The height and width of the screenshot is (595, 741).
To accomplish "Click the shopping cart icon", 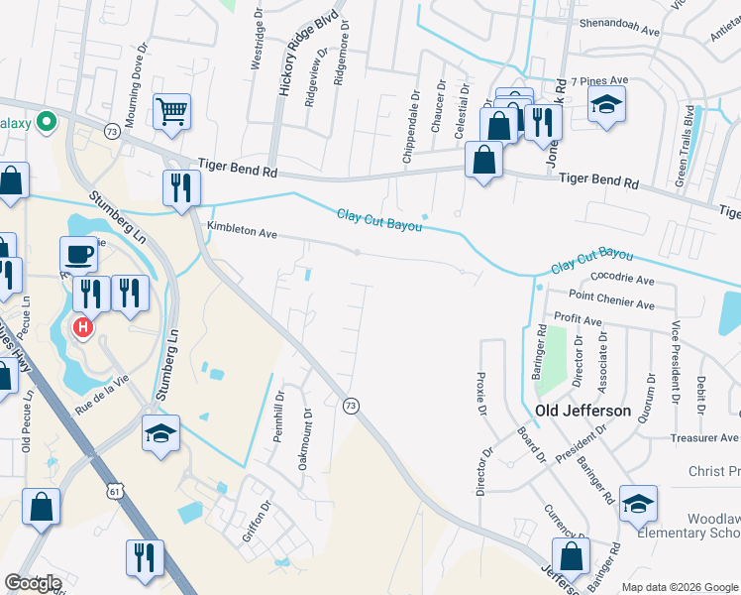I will (x=172, y=111).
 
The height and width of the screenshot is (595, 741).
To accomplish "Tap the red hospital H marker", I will (x=84, y=325).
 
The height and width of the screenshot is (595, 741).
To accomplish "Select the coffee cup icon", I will (x=78, y=255).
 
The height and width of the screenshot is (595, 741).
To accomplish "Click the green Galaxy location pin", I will (x=45, y=122).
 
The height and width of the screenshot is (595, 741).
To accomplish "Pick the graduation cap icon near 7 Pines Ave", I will (x=606, y=104).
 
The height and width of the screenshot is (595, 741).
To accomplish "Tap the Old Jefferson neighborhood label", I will (x=582, y=410).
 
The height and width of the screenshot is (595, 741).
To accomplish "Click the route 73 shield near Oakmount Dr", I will (x=350, y=405).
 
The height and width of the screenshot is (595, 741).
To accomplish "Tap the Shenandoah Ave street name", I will (x=619, y=31).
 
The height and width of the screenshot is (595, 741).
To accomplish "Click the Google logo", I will (x=33, y=583).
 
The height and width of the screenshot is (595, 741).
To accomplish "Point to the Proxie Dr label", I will (x=481, y=395).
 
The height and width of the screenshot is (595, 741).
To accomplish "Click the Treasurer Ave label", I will (x=704, y=437).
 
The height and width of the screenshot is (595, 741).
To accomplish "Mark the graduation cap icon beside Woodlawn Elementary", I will (x=638, y=503).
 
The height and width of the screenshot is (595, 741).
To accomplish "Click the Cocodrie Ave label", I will (x=622, y=281).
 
